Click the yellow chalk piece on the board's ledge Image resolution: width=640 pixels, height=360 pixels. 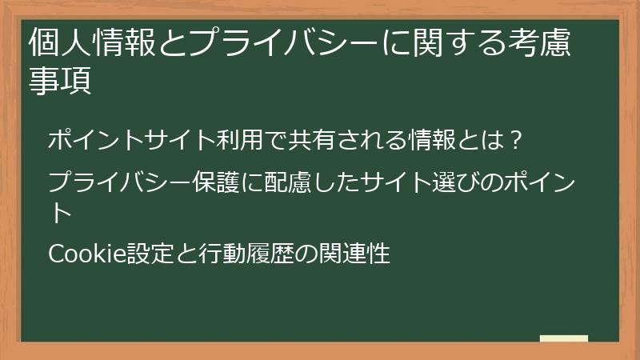click(x=563, y=338)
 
